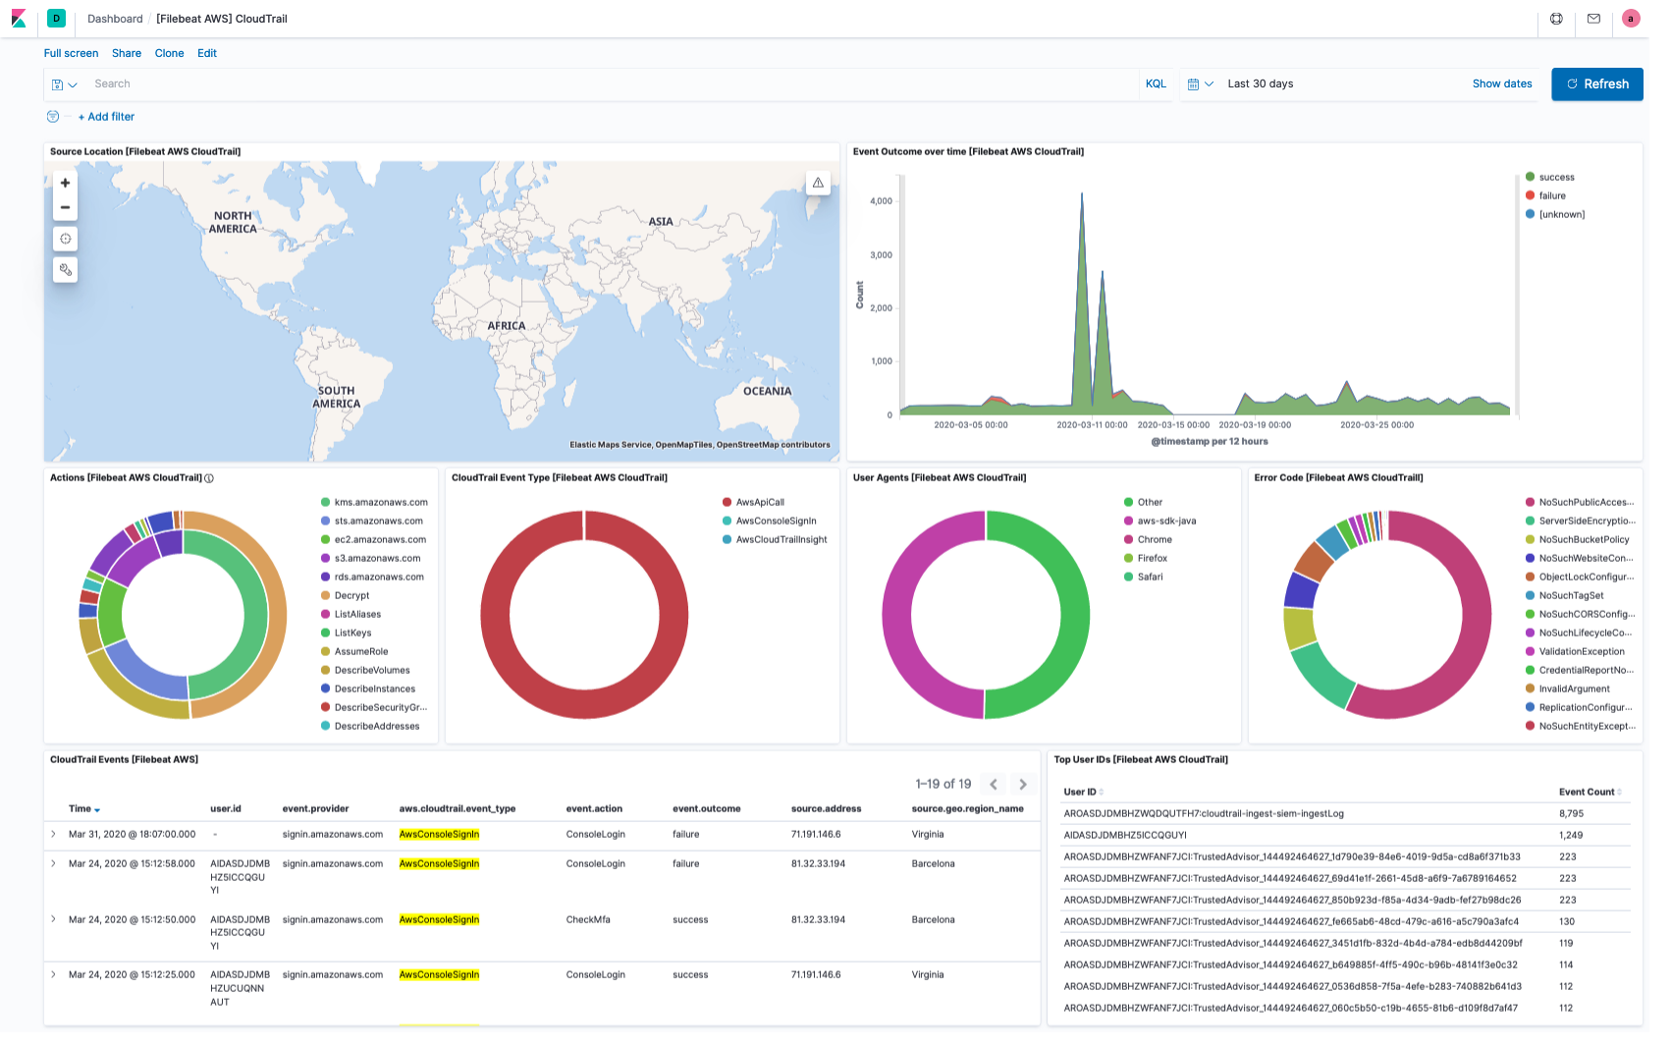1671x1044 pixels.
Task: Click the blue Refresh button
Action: [1596, 84]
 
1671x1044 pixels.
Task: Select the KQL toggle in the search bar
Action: [1156, 84]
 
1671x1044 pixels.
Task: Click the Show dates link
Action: [1501, 84]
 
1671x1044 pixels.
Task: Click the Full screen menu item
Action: [71, 53]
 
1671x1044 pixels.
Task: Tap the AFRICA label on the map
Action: [507, 326]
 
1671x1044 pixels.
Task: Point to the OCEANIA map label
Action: [767, 391]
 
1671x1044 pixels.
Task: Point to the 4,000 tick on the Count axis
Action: [881, 201]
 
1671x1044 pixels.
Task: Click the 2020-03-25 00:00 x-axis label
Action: [1376, 425]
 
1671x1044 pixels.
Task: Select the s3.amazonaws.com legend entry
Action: [377, 558]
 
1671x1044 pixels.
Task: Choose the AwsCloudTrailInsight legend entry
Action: [781, 539]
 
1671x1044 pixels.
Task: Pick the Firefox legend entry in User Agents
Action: [1152, 558]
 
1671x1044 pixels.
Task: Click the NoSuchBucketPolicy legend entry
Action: [1583, 539]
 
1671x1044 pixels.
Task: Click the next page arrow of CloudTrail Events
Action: [1023, 784]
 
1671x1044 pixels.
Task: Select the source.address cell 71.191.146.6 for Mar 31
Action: [815, 834]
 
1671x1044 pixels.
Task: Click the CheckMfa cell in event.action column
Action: [587, 919]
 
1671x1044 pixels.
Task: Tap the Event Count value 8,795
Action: [1571, 813]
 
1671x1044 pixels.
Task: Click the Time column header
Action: [81, 808]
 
